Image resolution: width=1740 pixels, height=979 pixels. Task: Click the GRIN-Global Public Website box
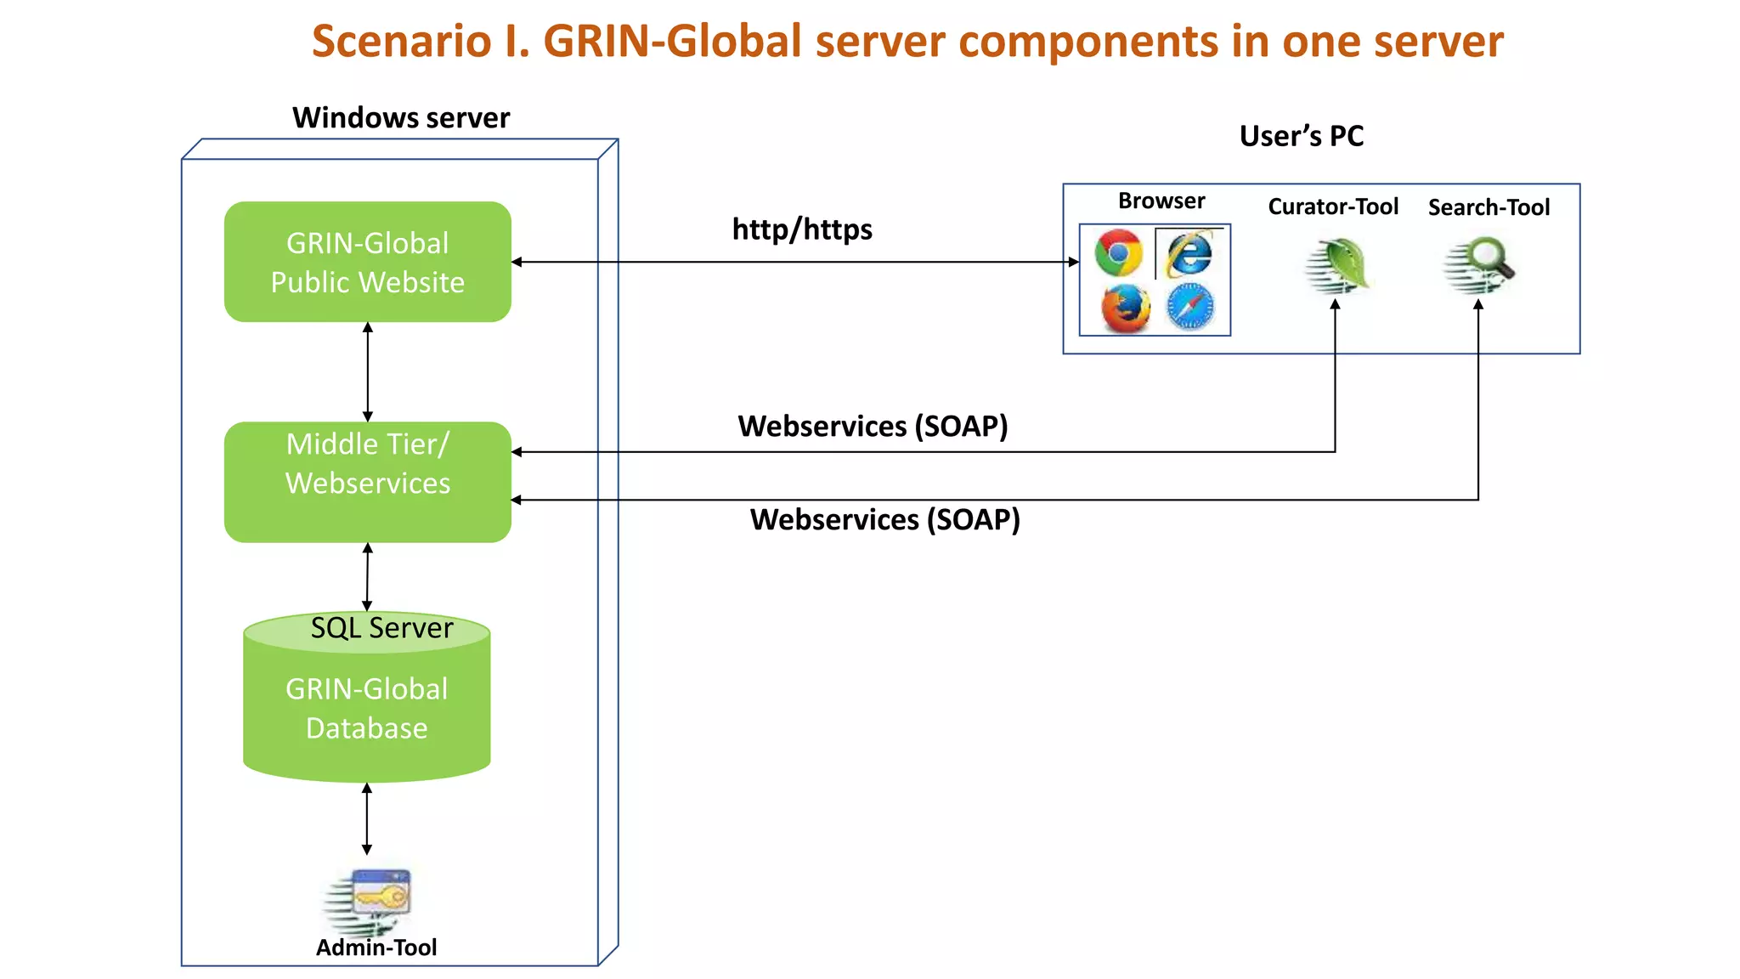click(368, 262)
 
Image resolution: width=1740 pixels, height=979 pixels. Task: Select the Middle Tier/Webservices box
click(368, 482)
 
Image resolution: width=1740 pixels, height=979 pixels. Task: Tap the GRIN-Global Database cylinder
click(367, 697)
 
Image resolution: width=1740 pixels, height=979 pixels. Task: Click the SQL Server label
click(381, 628)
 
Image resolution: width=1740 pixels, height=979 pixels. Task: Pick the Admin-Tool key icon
click(368, 902)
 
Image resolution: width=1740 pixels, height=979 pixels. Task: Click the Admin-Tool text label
click(376, 948)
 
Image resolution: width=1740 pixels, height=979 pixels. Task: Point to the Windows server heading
click(401, 117)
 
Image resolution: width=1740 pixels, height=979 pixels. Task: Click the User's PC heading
click(1302, 136)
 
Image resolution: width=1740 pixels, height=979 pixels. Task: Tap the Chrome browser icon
click(1118, 253)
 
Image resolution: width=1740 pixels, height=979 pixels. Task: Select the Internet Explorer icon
click(1189, 253)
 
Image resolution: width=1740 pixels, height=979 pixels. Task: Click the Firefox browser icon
click(1126, 308)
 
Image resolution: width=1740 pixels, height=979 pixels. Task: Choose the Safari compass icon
click(1190, 307)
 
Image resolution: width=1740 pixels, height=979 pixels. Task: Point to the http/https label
click(802, 229)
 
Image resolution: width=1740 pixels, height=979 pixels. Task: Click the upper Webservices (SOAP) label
click(873, 426)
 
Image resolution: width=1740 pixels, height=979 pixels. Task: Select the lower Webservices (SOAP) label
click(885, 519)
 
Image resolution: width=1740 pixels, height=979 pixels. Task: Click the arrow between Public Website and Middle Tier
click(368, 372)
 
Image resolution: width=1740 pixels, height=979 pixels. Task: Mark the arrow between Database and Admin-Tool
click(367, 819)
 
